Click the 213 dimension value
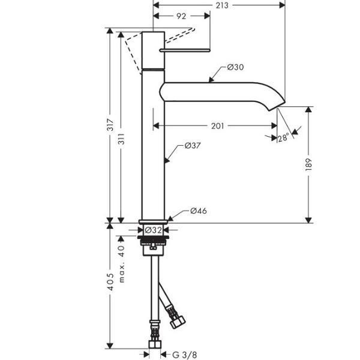pyautogui.click(x=222, y=5)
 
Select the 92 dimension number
pyautogui.click(x=181, y=17)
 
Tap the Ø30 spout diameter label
pyautogui.click(x=235, y=67)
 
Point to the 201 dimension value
pyautogui.click(x=218, y=126)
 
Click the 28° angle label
pyautogui.click(x=283, y=137)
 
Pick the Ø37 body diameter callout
pyautogui.click(x=192, y=145)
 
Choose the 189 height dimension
pyautogui.click(x=308, y=164)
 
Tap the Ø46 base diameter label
pyautogui.click(x=199, y=211)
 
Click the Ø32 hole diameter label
pyautogui.click(x=154, y=230)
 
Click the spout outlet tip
pyautogui.click(x=279, y=107)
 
